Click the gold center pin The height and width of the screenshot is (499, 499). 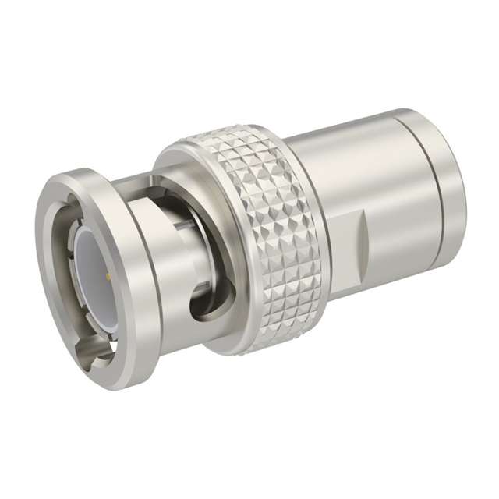(104, 274)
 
